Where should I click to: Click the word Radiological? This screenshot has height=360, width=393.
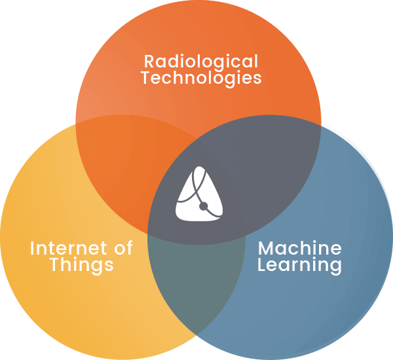click(x=201, y=62)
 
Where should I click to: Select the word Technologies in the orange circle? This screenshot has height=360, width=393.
click(x=202, y=78)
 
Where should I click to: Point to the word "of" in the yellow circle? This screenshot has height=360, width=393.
click(x=123, y=247)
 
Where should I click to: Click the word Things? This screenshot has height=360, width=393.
click(x=82, y=265)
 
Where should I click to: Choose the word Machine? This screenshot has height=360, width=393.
click(x=300, y=247)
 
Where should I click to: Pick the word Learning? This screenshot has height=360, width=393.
click(x=299, y=265)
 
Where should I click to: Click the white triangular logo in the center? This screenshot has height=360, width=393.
click(x=199, y=194)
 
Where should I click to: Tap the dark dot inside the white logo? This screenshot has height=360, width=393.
click(x=204, y=206)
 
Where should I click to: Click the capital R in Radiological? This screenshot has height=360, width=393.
click(x=151, y=61)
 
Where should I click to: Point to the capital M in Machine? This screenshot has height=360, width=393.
click(x=267, y=248)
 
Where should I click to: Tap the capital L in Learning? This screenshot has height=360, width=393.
click(x=263, y=264)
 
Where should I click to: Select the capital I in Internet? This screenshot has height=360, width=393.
click(x=32, y=248)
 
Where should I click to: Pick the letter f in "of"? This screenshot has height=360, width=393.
click(x=129, y=247)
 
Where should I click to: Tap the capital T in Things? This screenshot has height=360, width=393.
click(x=56, y=264)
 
